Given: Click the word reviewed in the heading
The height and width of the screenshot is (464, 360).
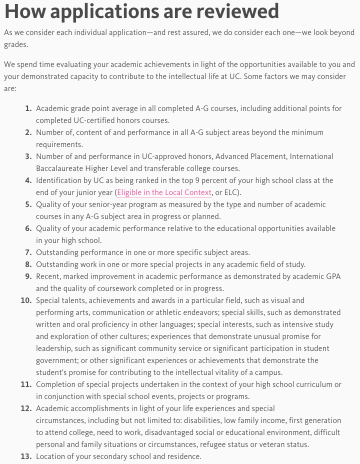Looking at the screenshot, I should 236,11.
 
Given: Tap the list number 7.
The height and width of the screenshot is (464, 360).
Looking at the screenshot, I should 28,252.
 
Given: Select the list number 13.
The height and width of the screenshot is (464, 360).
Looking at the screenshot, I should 26,456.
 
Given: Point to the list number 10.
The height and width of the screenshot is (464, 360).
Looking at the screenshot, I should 26,300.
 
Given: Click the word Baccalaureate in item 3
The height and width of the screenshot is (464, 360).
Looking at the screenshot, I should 59,168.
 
